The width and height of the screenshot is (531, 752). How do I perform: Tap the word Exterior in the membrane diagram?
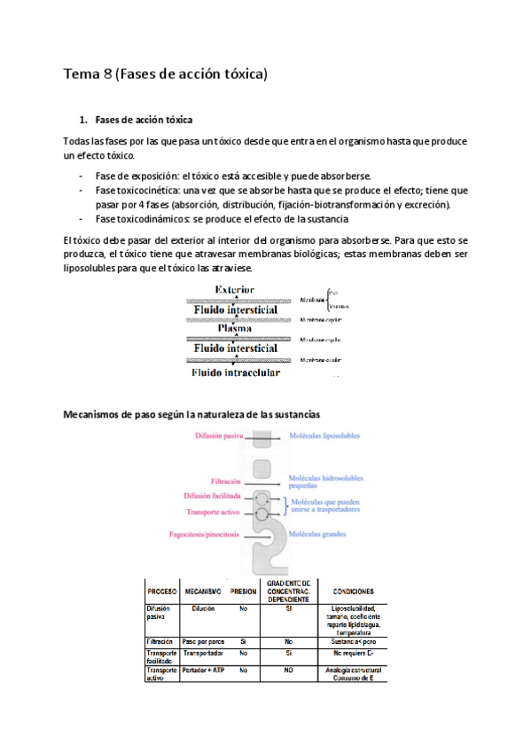click(234, 289)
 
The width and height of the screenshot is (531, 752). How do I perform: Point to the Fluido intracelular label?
click(236, 372)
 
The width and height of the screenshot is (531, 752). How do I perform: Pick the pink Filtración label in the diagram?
click(228, 482)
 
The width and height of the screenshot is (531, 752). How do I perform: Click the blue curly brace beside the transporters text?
click(283, 505)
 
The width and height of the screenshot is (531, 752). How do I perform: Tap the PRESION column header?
click(243, 591)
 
